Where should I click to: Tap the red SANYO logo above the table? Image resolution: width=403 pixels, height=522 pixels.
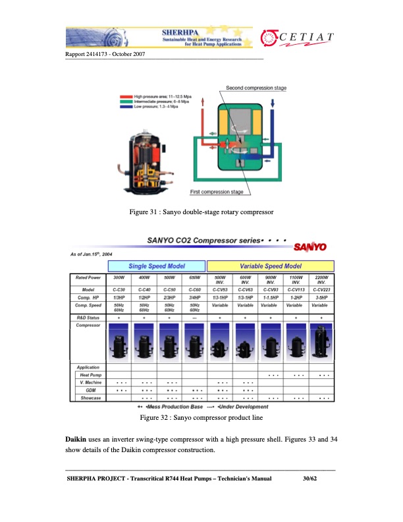coord(309,247)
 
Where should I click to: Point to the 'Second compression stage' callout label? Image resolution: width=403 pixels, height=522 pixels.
coord(256,88)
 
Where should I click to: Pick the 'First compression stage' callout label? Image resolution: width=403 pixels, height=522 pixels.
coord(217,192)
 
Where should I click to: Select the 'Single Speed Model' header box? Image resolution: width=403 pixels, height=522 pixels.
coord(157,265)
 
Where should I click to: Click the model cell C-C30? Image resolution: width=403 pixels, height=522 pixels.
coord(119,289)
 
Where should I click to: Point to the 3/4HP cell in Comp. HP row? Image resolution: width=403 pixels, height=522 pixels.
coord(194,297)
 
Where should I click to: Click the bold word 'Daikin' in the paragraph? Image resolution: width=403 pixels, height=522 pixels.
coord(78,438)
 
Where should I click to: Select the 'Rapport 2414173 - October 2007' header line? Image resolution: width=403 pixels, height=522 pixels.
coord(105,54)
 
